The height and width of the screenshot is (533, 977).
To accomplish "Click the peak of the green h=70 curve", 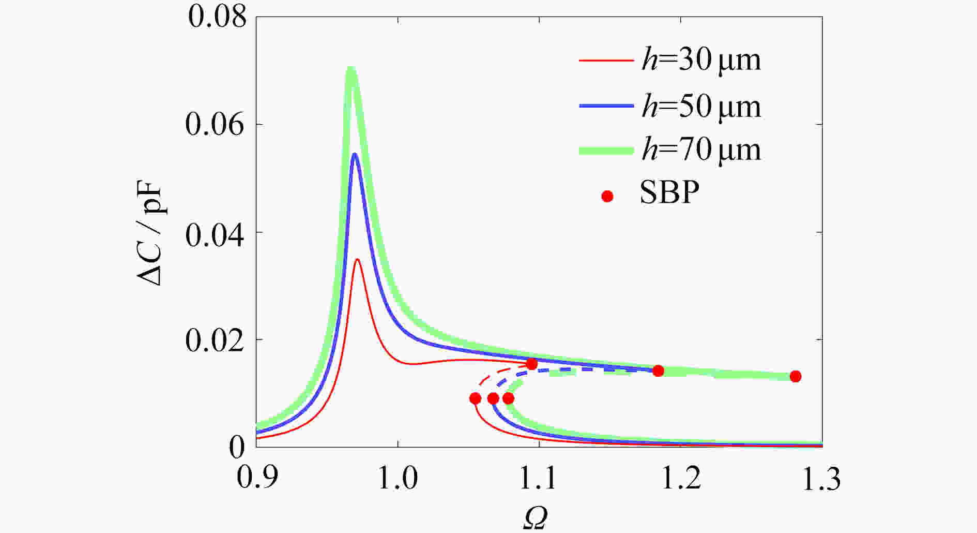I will [352, 69].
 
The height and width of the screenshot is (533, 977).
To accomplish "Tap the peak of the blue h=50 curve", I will [355, 154].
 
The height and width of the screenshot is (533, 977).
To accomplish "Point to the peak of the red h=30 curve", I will [357, 260].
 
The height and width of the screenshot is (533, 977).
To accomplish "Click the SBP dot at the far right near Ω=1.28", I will [796, 376].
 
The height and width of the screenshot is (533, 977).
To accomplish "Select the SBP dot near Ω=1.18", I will [658, 371].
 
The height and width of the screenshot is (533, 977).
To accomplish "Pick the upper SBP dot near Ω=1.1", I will [532, 364].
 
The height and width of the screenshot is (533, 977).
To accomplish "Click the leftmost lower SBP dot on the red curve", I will [475, 398].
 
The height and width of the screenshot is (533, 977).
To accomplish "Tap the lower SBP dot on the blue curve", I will [493, 398].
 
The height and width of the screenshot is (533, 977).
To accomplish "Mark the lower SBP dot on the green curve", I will [509, 398].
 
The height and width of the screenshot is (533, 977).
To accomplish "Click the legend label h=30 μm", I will [701, 61].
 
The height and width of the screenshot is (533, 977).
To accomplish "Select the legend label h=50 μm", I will [701, 107].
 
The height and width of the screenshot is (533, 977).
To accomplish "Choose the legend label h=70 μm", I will [701, 150].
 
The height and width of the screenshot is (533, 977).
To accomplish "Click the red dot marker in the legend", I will [607, 196].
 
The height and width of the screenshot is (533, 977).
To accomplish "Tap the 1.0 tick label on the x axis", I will [398, 479].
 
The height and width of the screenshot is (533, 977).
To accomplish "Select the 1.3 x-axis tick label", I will [820, 479].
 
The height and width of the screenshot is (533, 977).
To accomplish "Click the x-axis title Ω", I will [535, 518].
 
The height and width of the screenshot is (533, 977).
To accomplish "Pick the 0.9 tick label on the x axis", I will [256, 479].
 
